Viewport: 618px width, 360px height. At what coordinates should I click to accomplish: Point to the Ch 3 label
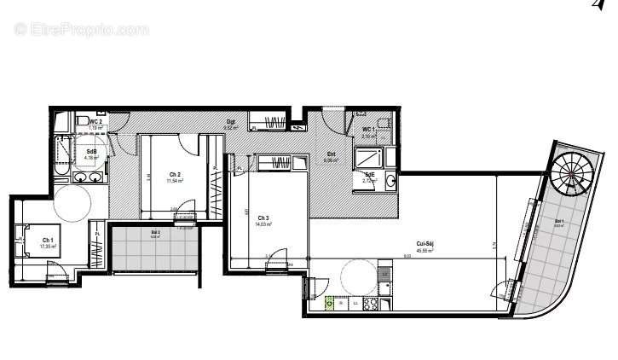[263, 218]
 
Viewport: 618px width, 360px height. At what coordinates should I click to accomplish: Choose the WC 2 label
[95, 122]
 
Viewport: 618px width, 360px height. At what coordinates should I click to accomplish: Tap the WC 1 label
[368, 130]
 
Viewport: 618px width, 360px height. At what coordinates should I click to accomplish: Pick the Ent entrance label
[330, 154]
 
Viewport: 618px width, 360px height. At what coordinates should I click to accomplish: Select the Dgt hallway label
[230, 121]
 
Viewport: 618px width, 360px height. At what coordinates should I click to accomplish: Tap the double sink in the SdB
[89, 177]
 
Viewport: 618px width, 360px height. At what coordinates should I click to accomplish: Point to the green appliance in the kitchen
[328, 303]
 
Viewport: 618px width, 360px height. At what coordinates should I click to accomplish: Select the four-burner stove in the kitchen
[370, 303]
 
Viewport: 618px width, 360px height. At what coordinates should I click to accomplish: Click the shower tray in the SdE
[370, 158]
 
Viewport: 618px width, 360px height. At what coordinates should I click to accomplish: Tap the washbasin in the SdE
[390, 180]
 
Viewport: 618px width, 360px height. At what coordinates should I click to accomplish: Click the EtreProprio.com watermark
[81, 29]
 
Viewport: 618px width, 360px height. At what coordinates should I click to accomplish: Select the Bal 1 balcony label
[558, 224]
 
